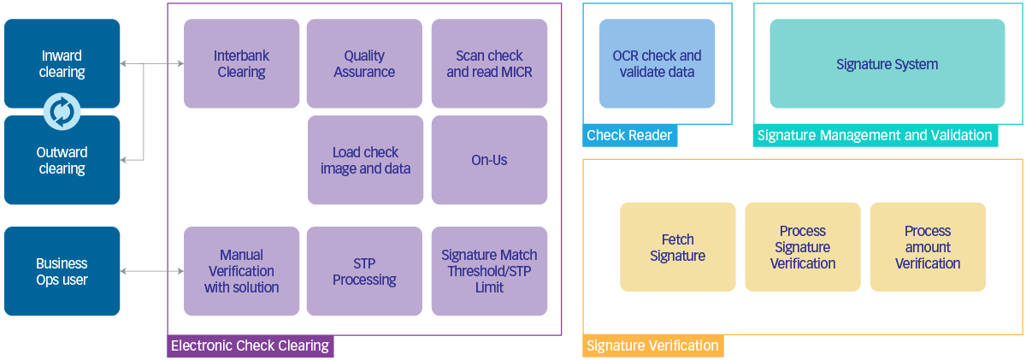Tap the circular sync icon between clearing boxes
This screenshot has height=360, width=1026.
[x=62, y=111]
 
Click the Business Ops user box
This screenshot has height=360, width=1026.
[x=62, y=271]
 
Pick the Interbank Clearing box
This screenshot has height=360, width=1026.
[x=242, y=64]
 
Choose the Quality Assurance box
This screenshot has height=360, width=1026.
[x=364, y=64]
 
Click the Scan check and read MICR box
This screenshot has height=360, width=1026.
[x=489, y=64]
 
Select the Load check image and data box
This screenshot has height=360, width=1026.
[x=365, y=161]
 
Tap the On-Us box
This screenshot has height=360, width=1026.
[x=489, y=161]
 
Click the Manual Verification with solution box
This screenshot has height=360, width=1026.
[x=242, y=271]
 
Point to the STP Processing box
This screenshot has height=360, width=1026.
[x=364, y=271]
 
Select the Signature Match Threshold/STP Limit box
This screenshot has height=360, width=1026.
[x=489, y=271]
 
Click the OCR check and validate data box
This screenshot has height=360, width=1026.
[x=657, y=64]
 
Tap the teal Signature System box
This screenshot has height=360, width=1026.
[x=887, y=64]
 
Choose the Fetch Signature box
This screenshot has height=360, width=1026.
[x=677, y=247]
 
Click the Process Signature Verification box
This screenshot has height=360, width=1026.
[x=803, y=247]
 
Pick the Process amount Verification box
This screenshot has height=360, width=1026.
[x=928, y=247]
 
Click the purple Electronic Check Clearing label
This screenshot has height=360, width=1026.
[x=250, y=346]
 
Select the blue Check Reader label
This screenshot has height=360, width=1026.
[x=629, y=135]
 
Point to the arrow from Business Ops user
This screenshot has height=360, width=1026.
[x=152, y=271]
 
